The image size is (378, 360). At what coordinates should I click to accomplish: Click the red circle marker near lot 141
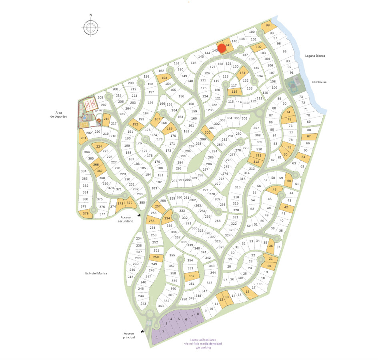222,48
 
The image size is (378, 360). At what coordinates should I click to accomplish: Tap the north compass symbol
91,27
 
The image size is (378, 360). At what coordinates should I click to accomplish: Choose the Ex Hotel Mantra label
97,273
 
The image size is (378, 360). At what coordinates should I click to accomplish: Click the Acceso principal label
129,335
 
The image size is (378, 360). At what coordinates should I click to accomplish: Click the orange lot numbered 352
192,276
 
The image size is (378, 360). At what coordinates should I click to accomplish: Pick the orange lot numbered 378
86,214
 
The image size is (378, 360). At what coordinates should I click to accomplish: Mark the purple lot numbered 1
157,337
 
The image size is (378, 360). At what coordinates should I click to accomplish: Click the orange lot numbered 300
207,132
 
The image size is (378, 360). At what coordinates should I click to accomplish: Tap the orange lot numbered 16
248,292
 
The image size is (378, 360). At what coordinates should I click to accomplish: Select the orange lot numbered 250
156,258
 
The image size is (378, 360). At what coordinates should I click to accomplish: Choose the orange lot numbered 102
258,47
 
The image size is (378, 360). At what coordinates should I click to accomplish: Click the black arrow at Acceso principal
142,331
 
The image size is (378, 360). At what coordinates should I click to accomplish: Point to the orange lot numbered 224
99,146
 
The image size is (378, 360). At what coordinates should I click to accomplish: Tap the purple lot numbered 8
198,314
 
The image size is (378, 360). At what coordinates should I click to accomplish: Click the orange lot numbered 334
167,218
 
